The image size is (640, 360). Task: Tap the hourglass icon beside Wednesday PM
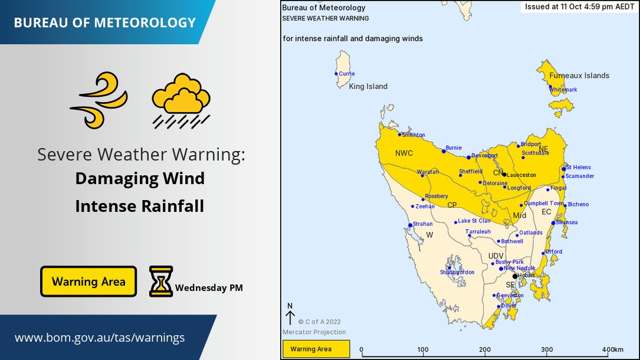[x=160, y=281]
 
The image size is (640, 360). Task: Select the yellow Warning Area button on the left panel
[x=88, y=282]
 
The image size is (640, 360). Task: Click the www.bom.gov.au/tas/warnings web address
[x=100, y=338]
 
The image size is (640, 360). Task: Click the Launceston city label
[x=521, y=175]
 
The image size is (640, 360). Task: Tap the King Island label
[x=368, y=87]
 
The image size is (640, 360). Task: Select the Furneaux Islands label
[x=579, y=76]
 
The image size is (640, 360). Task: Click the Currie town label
[x=347, y=74]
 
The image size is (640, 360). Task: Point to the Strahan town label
[x=422, y=224]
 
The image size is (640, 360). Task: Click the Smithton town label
[x=413, y=135]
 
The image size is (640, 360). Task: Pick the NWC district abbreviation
[x=404, y=153]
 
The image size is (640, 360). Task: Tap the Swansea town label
[x=567, y=222]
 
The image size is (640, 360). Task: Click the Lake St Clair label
[x=474, y=221]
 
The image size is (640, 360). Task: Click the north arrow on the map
[x=290, y=316]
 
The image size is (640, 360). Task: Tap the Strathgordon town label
[x=457, y=272]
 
